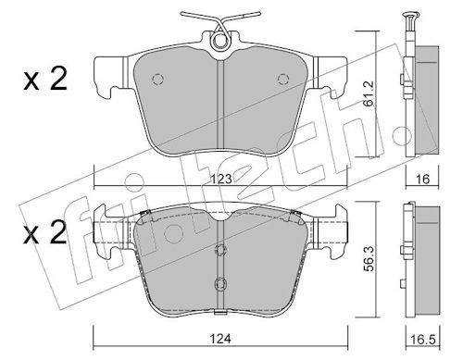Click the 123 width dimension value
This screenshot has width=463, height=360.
pos(221,179)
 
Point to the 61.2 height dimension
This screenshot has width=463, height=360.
pos(369,93)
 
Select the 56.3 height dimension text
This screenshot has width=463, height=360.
pos(369,258)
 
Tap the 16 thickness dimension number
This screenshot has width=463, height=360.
pos(422,179)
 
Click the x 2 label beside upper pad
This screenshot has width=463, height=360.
pos(45,79)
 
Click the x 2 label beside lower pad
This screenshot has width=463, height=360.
pos(45,232)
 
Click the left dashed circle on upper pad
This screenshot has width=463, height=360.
pos(157,80)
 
